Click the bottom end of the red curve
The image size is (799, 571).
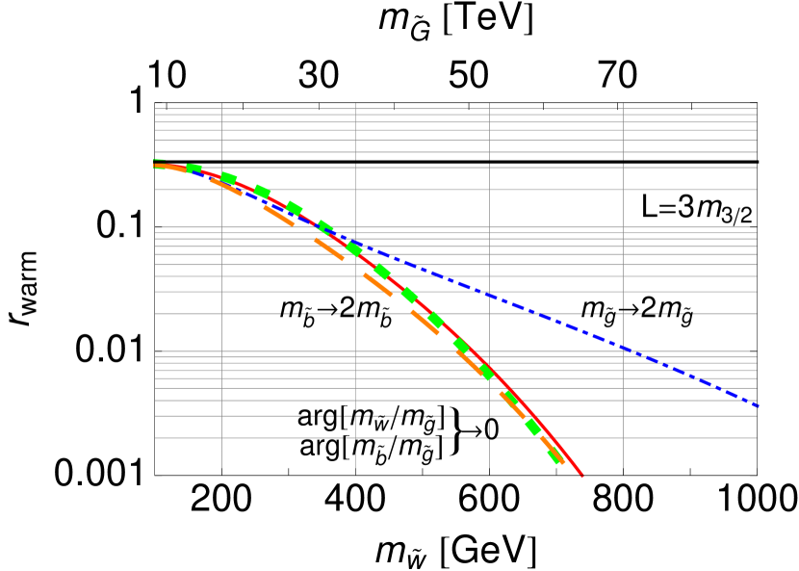pyautogui.click(x=582, y=475)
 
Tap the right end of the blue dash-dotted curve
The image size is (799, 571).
pyautogui.click(x=758, y=405)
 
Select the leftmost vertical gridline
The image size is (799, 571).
pyautogui.click(x=221, y=289)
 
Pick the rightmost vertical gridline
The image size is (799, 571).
pyautogui.click(x=623, y=289)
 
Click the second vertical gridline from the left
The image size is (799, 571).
pyautogui.click(x=355, y=289)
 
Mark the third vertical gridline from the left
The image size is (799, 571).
pyautogui.click(x=489, y=289)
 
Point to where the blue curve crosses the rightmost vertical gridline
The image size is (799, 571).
pyautogui.click(x=623, y=347)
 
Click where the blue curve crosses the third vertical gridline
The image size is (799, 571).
pyautogui.click(x=489, y=295)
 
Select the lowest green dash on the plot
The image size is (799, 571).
pyautogui.click(x=554, y=455)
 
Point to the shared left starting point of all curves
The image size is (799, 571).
pyautogui.click(x=156, y=166)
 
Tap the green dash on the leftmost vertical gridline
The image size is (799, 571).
pyautogui.click(x=227, y=178)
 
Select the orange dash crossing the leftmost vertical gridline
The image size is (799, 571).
pyautogui.click(x=225, y=187)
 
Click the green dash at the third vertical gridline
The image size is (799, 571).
pyautogui.click(x=486, y=372)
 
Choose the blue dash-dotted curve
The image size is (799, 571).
pyautogui.click(x=578, y=328)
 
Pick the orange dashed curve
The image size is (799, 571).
pyautogui.click(x=425, y=322)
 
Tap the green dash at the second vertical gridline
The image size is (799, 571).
pyautogui.click(x=354, y=248)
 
